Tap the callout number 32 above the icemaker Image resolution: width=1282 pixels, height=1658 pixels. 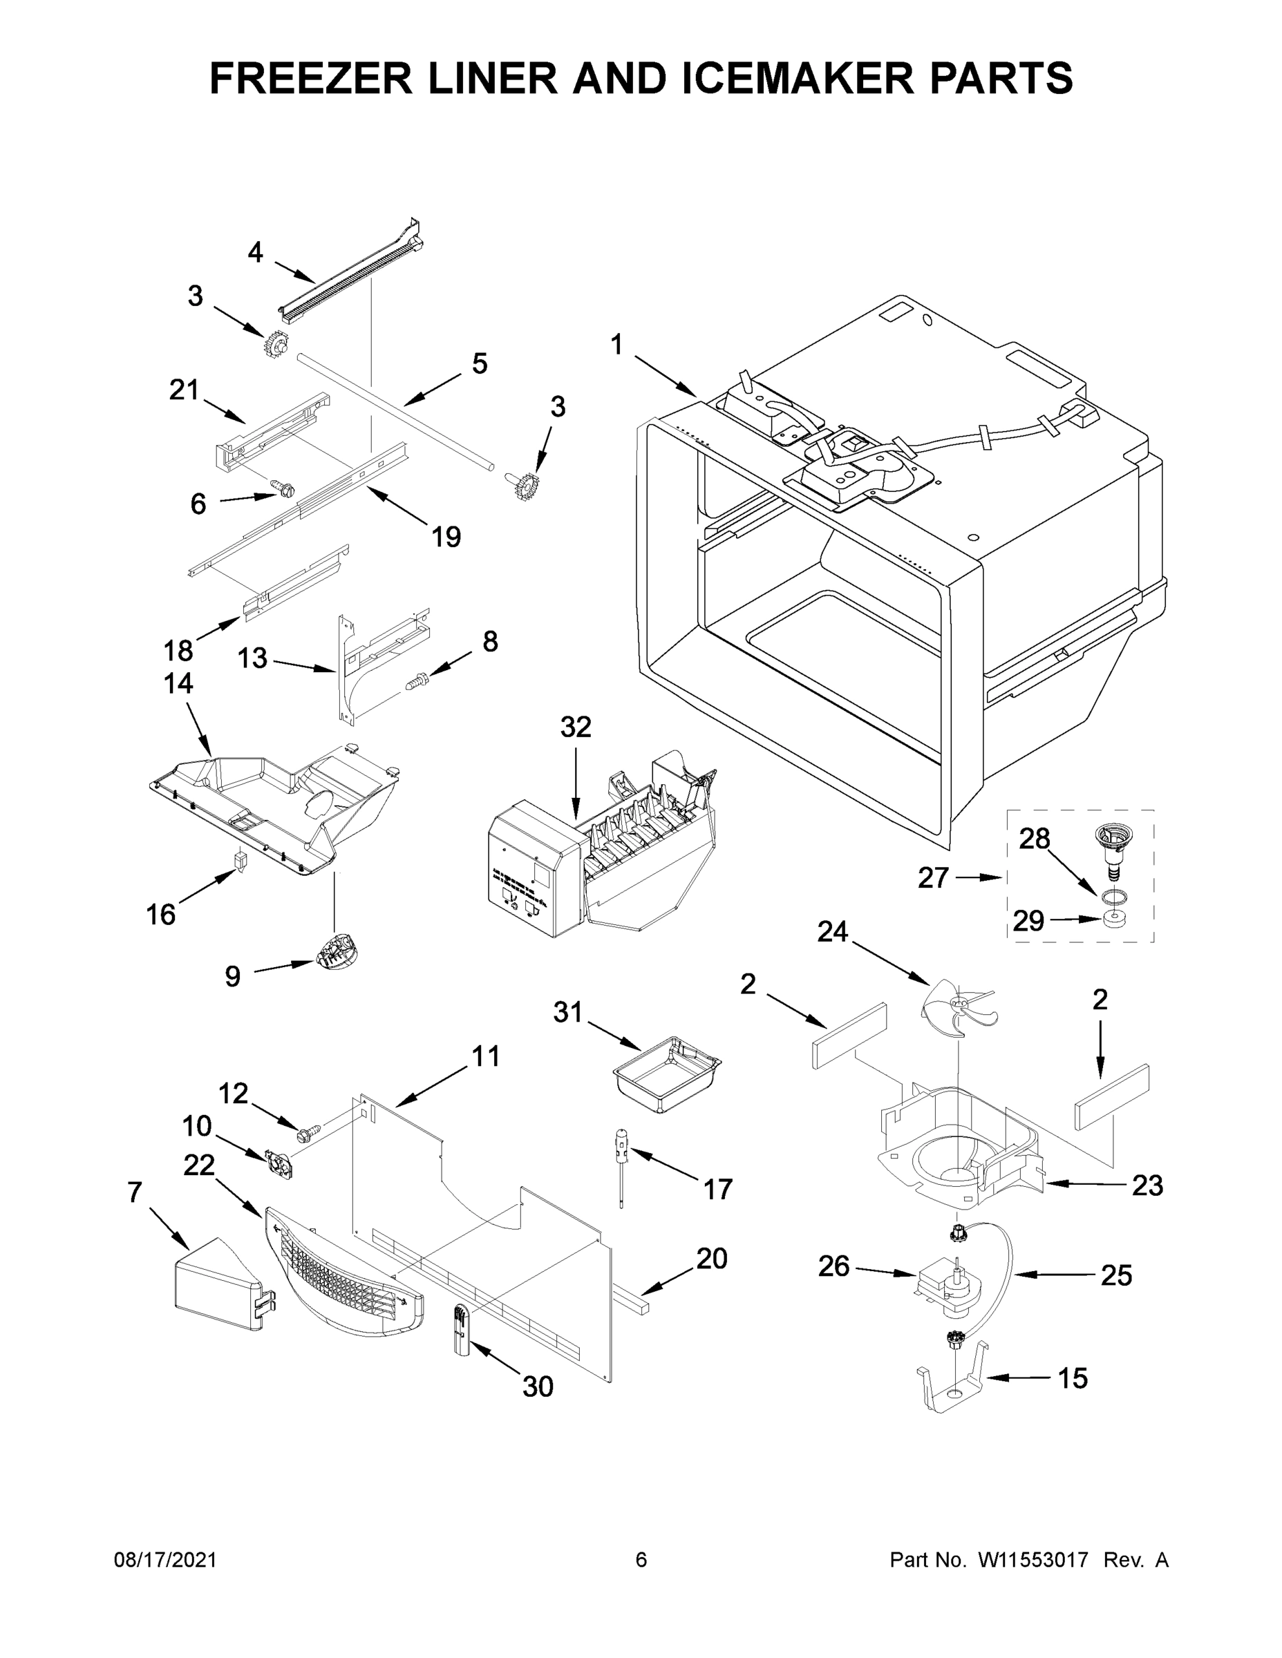click(576, 727)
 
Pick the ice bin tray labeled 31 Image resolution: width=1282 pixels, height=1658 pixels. click(666, 1074)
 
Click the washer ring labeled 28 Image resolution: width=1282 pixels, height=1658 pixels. click(1113, 897)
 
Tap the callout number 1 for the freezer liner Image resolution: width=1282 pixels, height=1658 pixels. click(616, 345)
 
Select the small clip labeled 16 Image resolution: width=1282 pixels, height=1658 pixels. click(241, 861)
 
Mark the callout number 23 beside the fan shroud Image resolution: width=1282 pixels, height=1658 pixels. click(1147, 1185)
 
